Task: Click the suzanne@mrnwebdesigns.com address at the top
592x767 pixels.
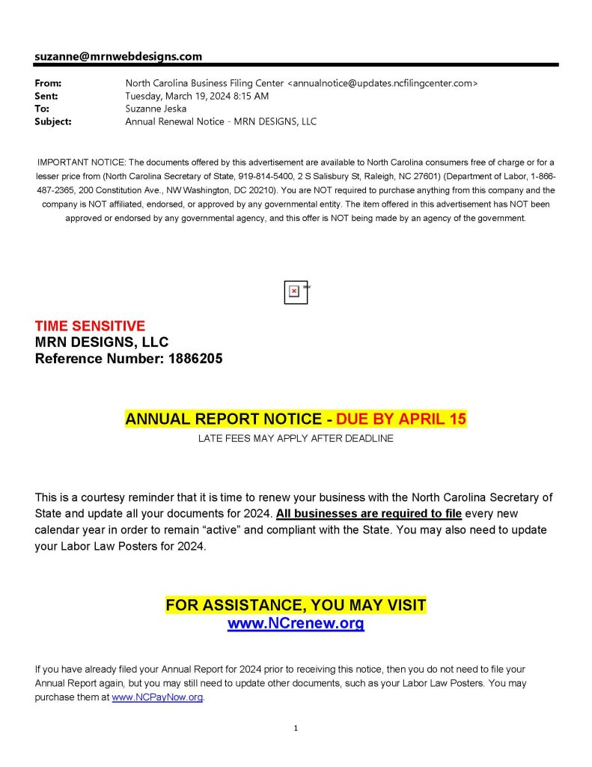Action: pos(118,56)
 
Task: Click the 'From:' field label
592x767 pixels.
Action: pos(48,83)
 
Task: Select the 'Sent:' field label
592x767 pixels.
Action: pos(46,96)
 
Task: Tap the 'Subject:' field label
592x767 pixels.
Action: pos(53,121)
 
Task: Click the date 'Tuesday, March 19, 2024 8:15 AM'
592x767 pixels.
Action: pos(197,96)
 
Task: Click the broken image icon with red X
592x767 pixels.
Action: pos(295,291)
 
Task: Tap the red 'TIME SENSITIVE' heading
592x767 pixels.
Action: pos(90,327)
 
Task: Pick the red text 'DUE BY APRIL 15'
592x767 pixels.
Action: pos(401,419)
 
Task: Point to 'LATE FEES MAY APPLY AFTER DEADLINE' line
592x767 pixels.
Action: pos(296,439)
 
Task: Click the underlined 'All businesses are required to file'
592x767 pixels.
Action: pos(369,514)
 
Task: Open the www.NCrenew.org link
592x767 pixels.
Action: pos(296,623)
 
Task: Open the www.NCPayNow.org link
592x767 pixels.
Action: pos(157,697)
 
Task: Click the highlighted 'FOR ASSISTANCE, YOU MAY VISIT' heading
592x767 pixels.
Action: pos(296,605)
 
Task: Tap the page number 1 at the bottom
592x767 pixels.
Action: pos(296,728)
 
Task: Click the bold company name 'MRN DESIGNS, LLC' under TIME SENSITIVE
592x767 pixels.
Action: pos(102,342)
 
